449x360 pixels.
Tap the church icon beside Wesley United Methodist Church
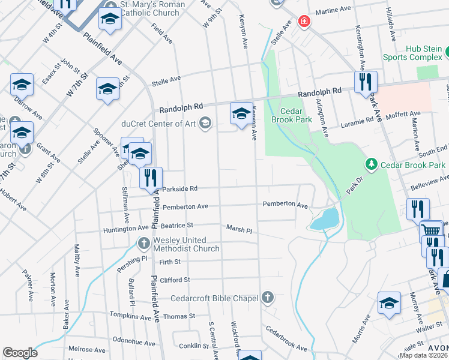click(143, 243)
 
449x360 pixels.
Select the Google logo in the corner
click(20, 353)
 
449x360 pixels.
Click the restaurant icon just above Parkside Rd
click(151, 177)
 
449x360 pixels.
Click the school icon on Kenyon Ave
click(241, 113)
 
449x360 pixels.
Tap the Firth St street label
click(170, 262)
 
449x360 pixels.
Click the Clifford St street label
click(175, 280)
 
